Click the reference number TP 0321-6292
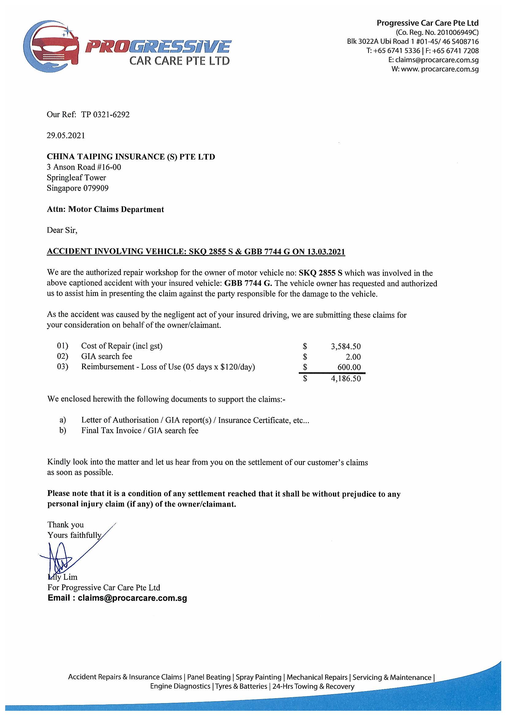point(105,114)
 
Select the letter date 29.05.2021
point(66,135)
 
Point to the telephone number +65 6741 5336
point(396,51)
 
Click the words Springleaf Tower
point(77,178)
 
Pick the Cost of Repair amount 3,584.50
point(346,347)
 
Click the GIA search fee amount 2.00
point(353,357)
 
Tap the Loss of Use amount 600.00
point(349,367)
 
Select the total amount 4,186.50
point(346,379)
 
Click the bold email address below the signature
point(117,598)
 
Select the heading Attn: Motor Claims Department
point(105,209)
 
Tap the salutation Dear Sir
point(62,231)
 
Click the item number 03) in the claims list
point(63,367)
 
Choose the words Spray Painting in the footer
point(258,677)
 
